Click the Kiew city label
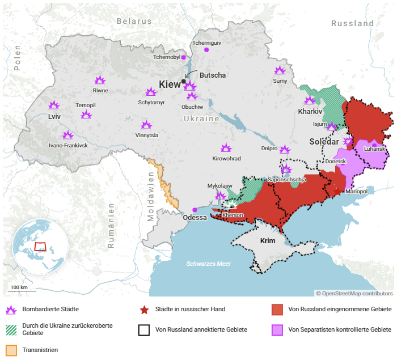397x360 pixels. tap(170, 84)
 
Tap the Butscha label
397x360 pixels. tap(213, 75)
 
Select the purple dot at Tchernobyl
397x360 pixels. tap(183, 57)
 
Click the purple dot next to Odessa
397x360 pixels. tap(195, 210)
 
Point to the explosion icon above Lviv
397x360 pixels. tap(54, 105)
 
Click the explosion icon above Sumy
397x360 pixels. tap(280, 70)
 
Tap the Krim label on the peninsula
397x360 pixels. tap(268, 241)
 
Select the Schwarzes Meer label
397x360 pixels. tap(209, 264)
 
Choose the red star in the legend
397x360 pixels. tap(144, 310)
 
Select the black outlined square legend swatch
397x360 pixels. tap(144, 330)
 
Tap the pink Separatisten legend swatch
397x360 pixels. tap(277, 330)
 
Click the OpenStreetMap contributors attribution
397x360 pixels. tap(354, 293)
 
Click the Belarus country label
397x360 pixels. tap(134, 21)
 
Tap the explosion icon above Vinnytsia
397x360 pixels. tap(146, 125)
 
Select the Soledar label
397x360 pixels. tap(324, 141)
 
